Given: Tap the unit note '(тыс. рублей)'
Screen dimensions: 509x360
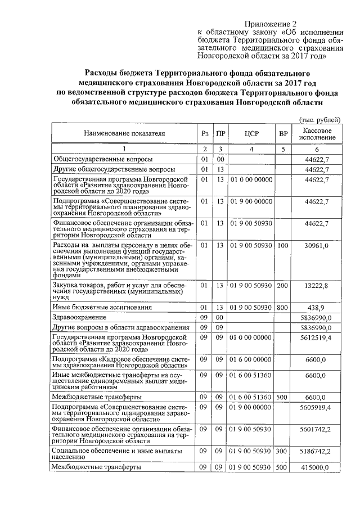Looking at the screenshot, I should click(319, 120).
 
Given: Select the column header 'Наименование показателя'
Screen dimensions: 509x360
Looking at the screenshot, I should click(124, 134).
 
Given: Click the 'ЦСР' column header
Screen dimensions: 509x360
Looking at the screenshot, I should click(251, 134).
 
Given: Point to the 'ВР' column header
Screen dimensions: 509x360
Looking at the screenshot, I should click(283, 134).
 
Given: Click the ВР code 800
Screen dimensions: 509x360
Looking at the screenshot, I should click(283, 308).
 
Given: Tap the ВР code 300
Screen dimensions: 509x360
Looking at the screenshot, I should click(283, 452).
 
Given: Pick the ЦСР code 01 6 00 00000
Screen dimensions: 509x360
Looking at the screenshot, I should click(251, 359).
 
